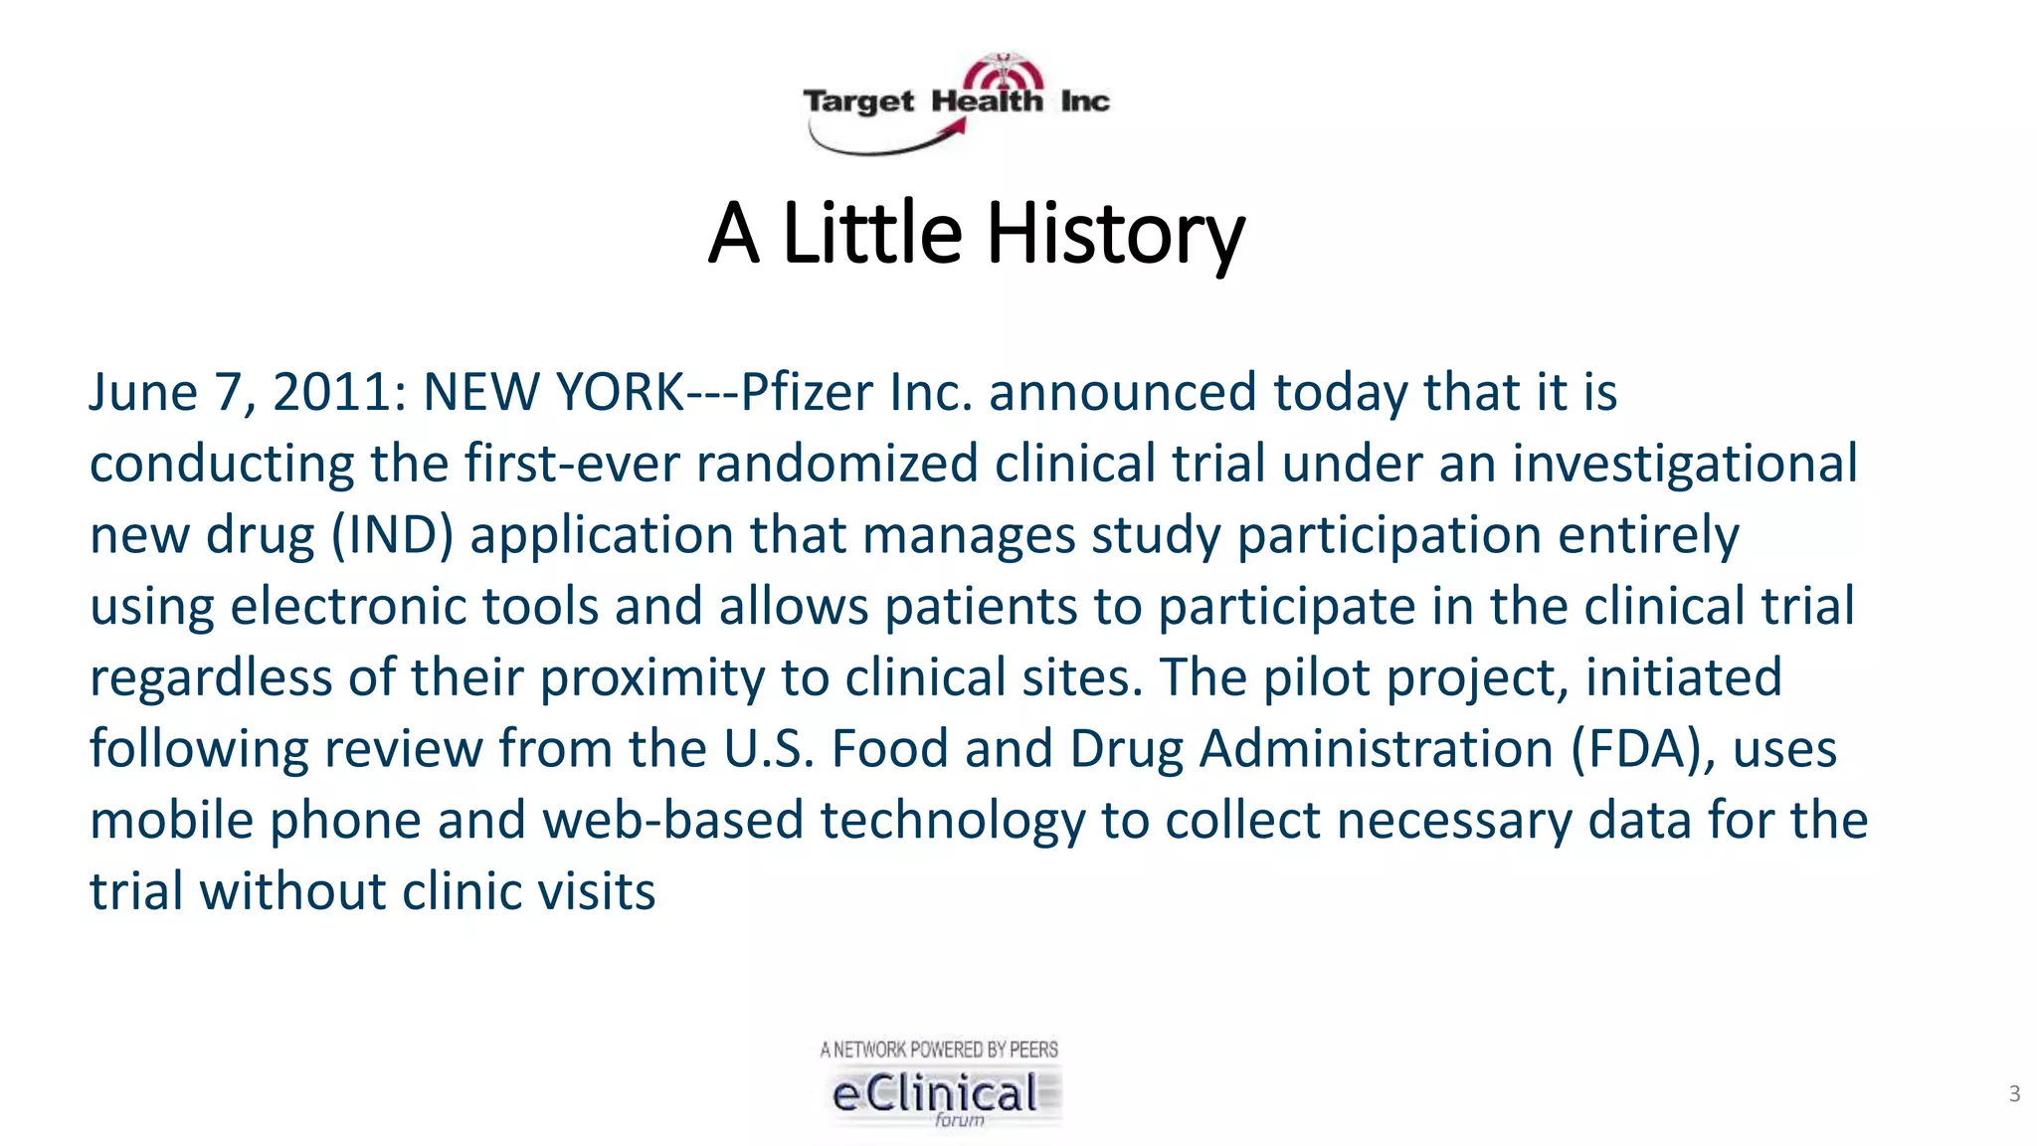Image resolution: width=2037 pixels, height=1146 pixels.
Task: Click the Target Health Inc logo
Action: (956, 103)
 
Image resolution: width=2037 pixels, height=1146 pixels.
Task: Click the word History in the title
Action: (1115, 234)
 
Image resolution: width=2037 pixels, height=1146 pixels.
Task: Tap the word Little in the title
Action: (872, 234)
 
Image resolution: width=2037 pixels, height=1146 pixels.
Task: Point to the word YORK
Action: (621, 392)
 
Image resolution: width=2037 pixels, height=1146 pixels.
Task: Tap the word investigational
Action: (1685, 464)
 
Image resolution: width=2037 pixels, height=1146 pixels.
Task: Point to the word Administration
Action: (1377, 749)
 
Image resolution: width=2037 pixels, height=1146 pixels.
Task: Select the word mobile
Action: (171, 821)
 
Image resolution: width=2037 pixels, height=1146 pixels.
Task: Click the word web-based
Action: (672, 821)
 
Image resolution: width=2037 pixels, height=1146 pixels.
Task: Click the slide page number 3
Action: (2014, 1094)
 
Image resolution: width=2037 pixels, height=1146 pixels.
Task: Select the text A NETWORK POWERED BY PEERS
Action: (939, 1050)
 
